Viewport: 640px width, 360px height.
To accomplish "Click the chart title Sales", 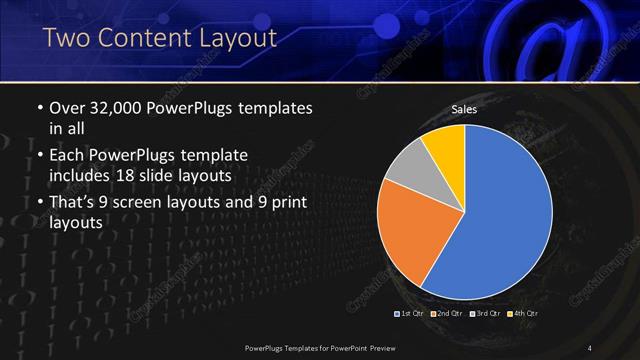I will pos(464,109).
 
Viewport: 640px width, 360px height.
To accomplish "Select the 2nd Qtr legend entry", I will pos(449,314).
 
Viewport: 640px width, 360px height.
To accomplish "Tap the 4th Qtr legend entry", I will pos(523,314).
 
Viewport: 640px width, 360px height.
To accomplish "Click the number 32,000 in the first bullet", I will pos(121,107).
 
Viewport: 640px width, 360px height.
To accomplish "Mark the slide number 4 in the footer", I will pos(590,347).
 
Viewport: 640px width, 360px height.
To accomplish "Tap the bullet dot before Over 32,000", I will pos(39,107).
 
